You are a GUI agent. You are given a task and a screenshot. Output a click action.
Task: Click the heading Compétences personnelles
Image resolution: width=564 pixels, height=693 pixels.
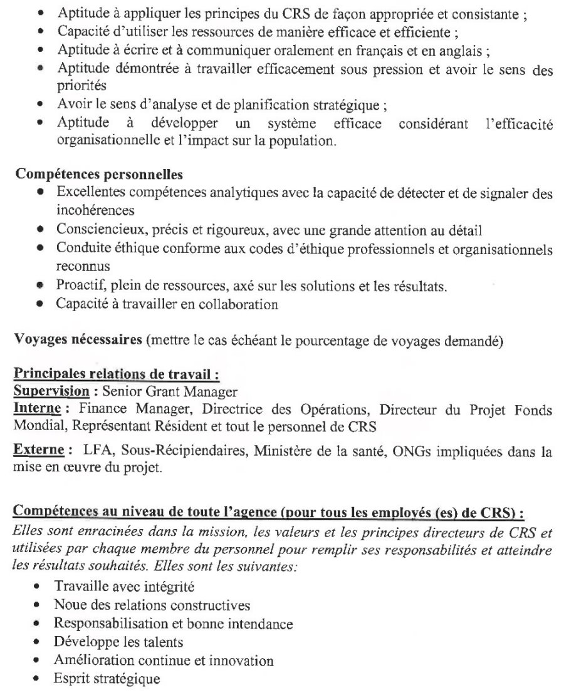pos(98,172)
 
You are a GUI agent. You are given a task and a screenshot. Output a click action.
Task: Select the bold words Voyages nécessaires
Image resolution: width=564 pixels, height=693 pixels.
pos(78,340)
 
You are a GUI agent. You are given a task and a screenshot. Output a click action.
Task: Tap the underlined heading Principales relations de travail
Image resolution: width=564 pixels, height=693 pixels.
pos(116,376)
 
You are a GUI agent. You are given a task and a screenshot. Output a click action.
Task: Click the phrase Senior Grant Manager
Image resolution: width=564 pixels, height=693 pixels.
pos(170,393)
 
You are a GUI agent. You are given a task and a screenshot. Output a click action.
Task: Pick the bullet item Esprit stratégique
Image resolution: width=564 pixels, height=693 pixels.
pos(107,679)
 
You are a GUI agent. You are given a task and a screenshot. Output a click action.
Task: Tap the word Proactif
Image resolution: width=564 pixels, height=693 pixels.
pos(77,287)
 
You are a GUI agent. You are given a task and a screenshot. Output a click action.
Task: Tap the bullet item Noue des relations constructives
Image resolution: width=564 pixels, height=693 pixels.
pos(152,605)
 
